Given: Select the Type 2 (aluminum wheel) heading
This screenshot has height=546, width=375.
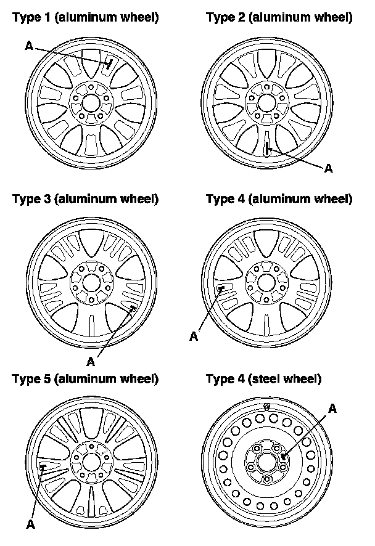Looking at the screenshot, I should pyautogui.click(x=279, y=18).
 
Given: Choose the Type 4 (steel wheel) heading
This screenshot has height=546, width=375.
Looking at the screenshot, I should pyautogui.click(x=263, y=378).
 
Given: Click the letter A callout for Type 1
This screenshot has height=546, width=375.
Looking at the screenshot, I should pyautogui.click(x=28, y=44).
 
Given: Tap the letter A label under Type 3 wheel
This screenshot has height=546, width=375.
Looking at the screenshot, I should pyautogui.click(x=91, y=361).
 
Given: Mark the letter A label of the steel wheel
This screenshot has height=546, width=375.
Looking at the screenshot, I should pyautogui.click(x=333, y=408).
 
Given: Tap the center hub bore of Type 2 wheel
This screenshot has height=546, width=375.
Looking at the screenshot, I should pyautogui.click(x=266, y=100).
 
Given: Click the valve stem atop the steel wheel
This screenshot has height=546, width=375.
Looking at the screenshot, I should pyautogui.click(x=266, y=407).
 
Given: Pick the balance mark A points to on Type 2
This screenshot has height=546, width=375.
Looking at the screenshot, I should pyautogui.click(x=266, y=148).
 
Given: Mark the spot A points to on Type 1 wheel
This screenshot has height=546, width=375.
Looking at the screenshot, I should pyautogui.click(x=109, y=63).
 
